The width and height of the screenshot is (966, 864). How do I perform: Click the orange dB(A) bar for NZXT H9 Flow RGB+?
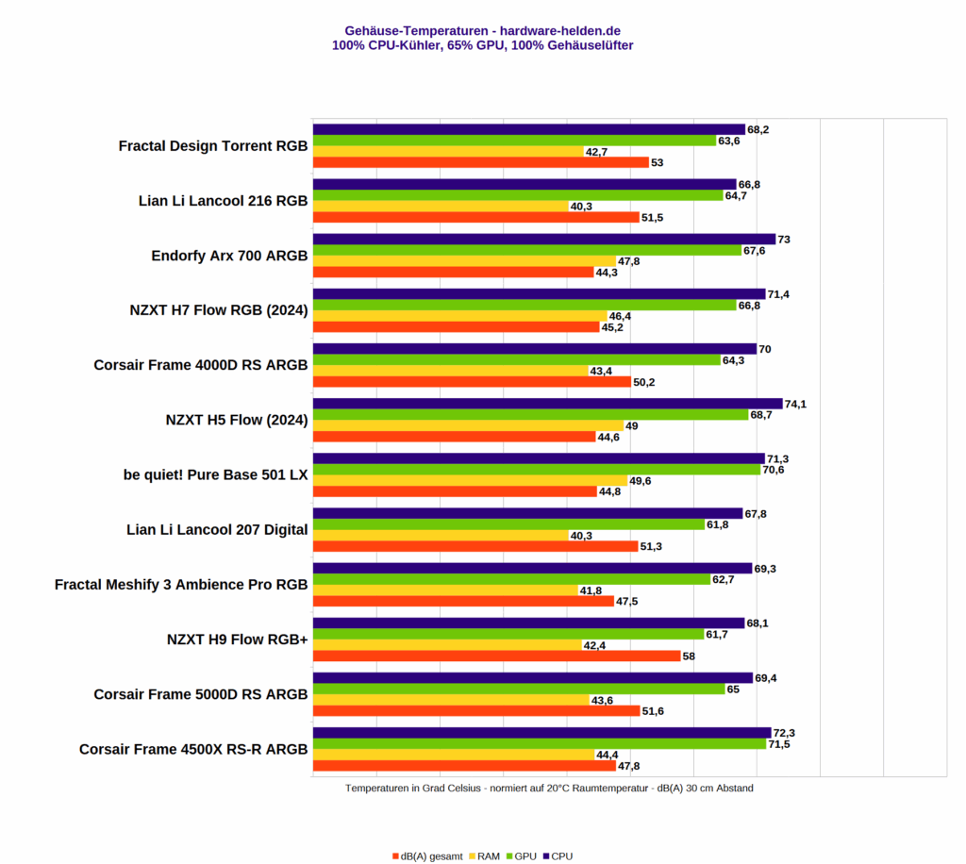(x=496, y=656)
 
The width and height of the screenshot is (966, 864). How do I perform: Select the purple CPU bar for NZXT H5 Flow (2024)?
(x=547, y=404)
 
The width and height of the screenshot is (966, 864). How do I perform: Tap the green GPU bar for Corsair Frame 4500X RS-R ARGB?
(x=539, y=744)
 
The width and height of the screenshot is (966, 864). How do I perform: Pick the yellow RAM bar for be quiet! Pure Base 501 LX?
(x=469, y=480)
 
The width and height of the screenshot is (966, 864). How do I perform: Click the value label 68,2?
(x=758, y=129)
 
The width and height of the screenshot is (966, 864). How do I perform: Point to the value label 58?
(x=690, y=656)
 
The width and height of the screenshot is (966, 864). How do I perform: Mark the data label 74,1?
(x=795, y=404)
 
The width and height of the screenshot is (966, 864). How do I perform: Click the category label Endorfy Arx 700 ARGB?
(x=229, y=256)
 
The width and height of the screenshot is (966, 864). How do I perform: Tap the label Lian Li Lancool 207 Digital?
(x=217, y=529)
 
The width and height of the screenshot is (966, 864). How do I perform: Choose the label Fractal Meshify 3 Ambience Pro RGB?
(x=181, y=584)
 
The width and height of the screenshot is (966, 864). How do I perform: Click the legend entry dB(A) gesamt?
(x=426, y=856)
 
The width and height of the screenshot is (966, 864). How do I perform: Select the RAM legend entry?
(x=483, y=856)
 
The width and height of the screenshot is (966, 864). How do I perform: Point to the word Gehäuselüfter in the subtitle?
(x=591, y=44)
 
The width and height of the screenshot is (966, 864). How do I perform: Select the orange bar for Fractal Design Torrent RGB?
(x=480, y=162)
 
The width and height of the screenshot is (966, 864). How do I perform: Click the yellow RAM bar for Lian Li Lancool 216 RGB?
(x=440, y=206)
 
